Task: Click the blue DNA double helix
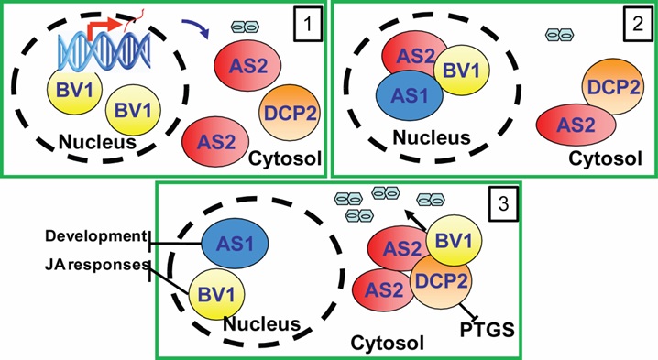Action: [104, 50]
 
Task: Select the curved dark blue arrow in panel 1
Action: [196, 27]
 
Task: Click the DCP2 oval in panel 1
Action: [290, 114]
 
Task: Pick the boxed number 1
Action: [308, 24]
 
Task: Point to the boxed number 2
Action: [638, 24]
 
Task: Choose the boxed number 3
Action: [503, 203]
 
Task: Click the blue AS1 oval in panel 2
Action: [409, 95]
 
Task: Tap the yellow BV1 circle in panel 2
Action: [462, 71]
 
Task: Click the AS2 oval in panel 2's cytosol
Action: [576, 125]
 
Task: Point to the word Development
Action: [95, 236]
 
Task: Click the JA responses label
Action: [97, 265]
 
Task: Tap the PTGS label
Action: [488, 330]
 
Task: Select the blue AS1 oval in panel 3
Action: [235, 243]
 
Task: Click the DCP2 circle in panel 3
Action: [441, 281]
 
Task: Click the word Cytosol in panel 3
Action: [387, 343]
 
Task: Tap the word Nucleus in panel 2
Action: [432, 137]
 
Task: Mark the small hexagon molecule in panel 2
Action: [559, 35]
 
